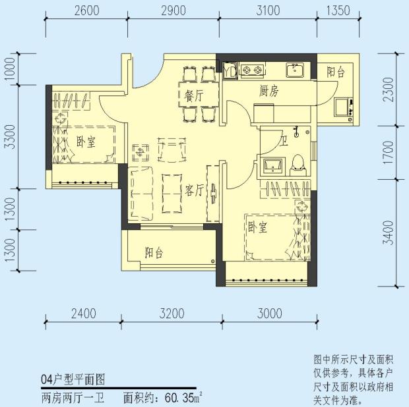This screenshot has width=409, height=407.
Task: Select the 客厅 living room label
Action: [x=194, y=191]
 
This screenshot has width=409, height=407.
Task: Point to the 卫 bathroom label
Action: [x=284, y=140]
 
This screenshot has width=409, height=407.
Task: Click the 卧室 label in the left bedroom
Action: [x=85, y=141]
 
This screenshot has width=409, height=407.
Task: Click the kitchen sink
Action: [x=294, y=69]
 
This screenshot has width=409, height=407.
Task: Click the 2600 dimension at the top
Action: [x=86, y=10]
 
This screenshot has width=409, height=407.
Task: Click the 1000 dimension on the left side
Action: [x=9, y=69]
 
